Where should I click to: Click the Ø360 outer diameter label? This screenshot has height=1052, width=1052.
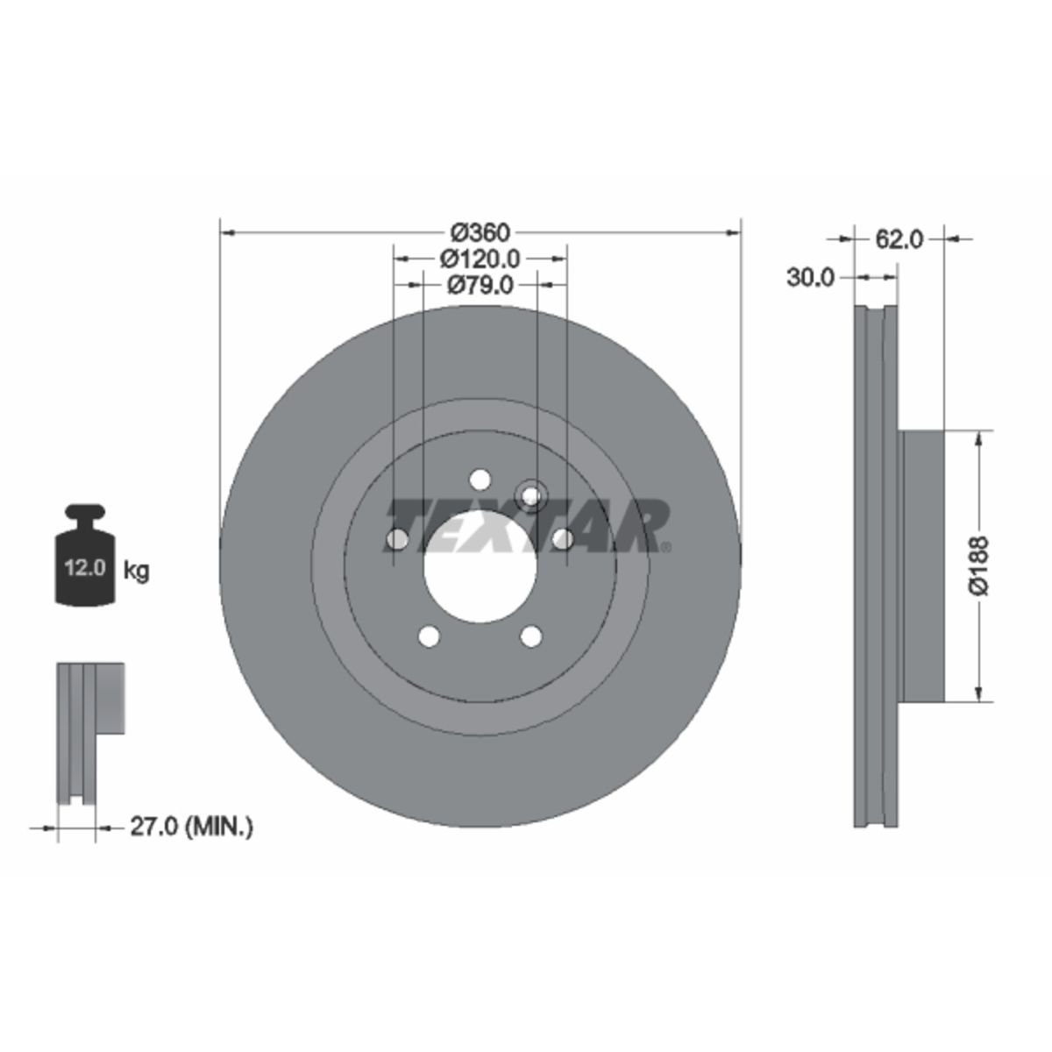(x=480, y=233)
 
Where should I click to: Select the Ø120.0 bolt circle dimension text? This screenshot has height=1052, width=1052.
(x=480, y=259)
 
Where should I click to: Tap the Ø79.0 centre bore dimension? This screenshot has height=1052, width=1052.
(x=480, y=284)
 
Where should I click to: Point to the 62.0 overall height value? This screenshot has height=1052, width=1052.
(x=899, y=239)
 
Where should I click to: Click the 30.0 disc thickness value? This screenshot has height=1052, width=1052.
(x=811, y=278)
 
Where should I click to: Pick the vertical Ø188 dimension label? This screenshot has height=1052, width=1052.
(x=979, y=565)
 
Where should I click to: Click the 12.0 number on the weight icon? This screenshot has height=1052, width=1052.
(x=85, y=568)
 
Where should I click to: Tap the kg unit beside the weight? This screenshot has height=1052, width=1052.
(x=136, y=572)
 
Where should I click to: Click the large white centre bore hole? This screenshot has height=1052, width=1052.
(x=480, y=567)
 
